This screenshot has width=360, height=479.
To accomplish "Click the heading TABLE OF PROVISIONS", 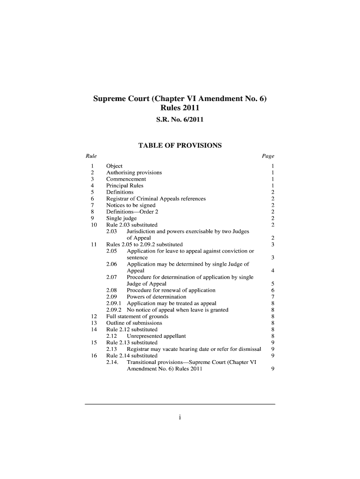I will (180, 145).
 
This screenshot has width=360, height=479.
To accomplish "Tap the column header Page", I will (268, 156).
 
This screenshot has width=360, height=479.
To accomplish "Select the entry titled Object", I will (115, 166).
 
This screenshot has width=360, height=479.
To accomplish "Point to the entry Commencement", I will (126, 179).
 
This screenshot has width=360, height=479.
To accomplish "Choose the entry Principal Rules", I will (125, 186).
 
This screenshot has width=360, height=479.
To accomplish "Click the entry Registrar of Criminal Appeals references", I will (156, 199).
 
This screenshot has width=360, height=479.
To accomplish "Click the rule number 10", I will (93, 225).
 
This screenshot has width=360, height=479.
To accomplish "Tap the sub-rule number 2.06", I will (112, 264).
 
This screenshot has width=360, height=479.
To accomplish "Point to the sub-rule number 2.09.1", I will (114, 304).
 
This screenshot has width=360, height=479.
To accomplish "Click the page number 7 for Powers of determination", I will (272, 297).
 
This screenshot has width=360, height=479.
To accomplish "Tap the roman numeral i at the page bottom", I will (180, 418).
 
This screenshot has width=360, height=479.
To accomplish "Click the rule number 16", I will (93, 356).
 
